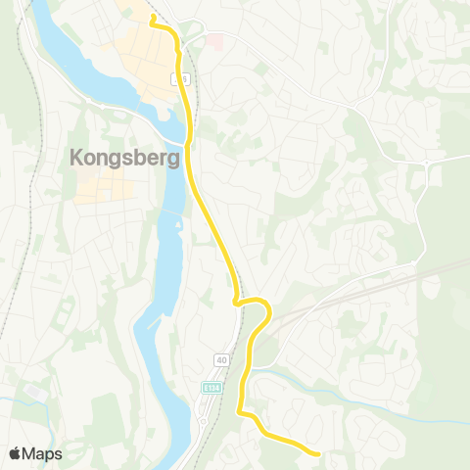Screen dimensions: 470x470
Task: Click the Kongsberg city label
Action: pos(124,157)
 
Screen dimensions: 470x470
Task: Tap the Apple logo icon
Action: pos(15,453)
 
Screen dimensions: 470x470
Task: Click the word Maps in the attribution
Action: pos(42,453)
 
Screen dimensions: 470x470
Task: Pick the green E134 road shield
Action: pos(211,389)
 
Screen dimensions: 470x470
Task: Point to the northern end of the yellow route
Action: pos(152,18)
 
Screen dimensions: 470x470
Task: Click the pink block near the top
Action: pos(214,42)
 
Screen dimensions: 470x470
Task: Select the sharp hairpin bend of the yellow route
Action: pos(238,304)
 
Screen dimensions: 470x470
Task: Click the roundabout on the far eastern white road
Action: pos(427,161)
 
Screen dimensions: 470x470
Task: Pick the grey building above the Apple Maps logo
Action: pos(32,391)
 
